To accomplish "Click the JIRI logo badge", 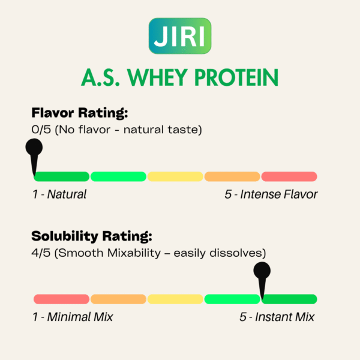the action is point(180,36).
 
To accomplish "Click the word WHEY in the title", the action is point(157,77).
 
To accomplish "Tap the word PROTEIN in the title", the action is point(236,77).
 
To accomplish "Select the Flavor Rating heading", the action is point(80,113).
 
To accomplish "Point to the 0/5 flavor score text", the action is point(41,130).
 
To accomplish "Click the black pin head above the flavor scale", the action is point(34,147).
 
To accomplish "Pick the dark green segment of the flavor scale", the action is point(62,176).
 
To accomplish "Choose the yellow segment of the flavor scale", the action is point(175,176).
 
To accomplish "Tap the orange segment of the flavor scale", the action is point(232,176).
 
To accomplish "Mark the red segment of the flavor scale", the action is point(289,176).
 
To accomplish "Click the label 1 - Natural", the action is point(59,194).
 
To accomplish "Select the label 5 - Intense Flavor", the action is point(271,194).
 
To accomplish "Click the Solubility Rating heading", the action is point(92,236).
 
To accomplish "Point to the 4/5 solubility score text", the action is point(41,253).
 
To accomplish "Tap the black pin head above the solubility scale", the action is point(262,271).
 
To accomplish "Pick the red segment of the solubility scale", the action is point(62,299).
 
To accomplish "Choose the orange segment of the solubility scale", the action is point(118,299).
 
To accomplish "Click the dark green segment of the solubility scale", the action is point(289,299).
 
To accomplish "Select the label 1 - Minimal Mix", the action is point(73,317).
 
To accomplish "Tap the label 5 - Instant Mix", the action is point(277,317).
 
